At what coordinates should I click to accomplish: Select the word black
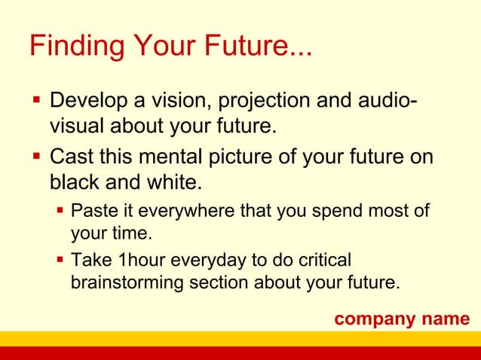pyautogui.click(x=76, y=182)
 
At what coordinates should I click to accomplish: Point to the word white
pyautogui.click(x=171, y=182)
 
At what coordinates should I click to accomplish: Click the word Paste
pyautogui.click(x=92, y=211)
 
